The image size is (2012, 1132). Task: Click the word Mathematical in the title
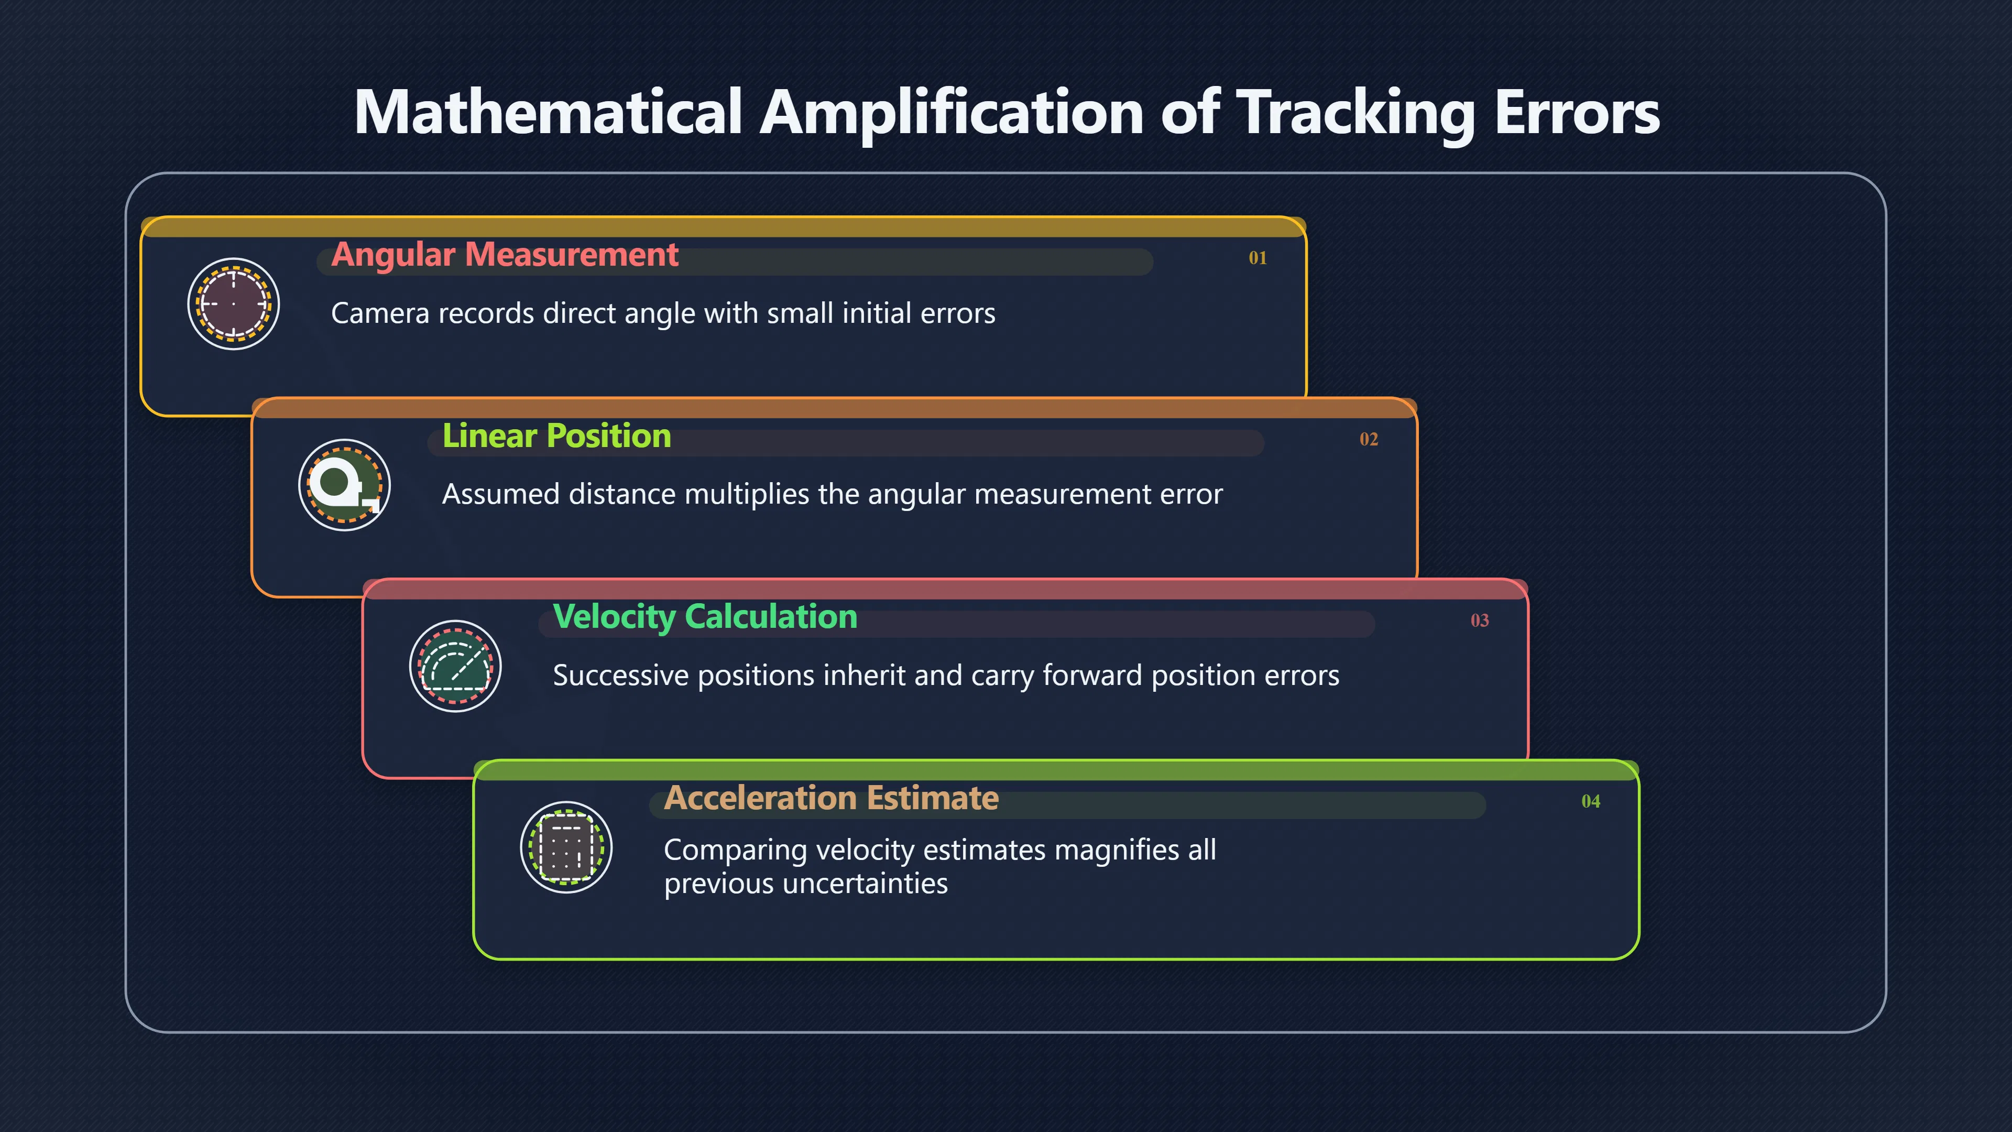pyautogui.click(x=548, y=112)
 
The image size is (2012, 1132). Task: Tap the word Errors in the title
pyautogui.click(x=1577, y=112)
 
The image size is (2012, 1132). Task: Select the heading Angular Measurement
pyautogui.click(x=505, y=255)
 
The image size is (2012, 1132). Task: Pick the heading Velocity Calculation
pyautogui.click(x=705, y=617)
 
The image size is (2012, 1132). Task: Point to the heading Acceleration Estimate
pyautogui.click(x=831, y=798)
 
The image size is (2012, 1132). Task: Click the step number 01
pyautogui.click(x=1257, y=258)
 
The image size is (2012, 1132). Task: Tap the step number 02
pyautogui.click(x=1369, y=439)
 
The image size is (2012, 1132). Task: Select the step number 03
pyautogui.click(x=1479, y=621)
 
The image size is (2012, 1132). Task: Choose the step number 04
pyautogui.click(x=1590, y=801)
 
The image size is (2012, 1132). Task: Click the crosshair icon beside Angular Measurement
pyautogui.click(x=234, y=304)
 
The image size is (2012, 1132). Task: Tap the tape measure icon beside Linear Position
pyautogui.click(x=344, y=485)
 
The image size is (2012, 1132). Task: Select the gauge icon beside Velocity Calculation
pyautogui.click(x=455, y=667)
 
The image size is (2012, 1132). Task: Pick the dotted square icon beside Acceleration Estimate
pyautogui.click(x=566, y=847)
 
